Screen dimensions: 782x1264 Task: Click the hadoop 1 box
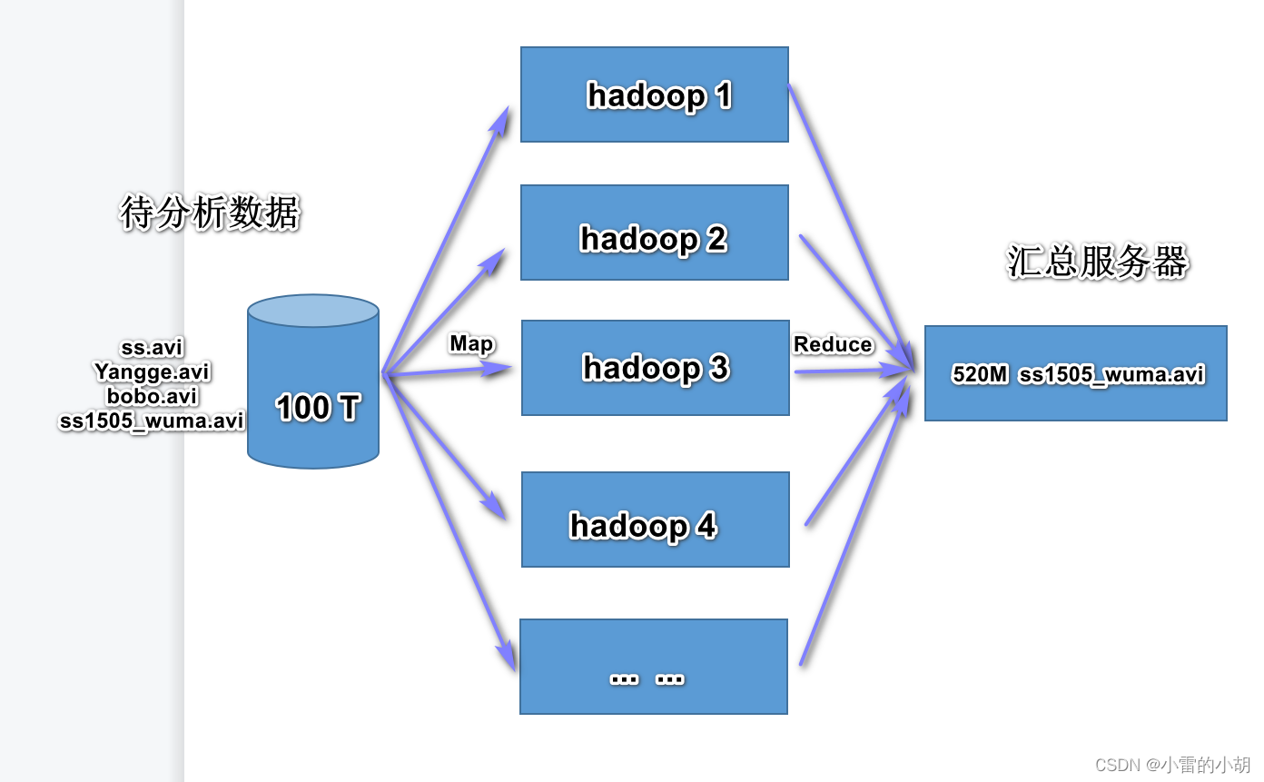[x=654, y=94]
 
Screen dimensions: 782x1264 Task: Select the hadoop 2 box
[x=654, y=233]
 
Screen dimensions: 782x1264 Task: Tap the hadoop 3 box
[x=655, y=368]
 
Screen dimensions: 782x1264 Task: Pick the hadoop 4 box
[x=655, y=520]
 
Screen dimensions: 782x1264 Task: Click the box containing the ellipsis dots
[x=653, y=668]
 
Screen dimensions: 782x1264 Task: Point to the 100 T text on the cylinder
[x=317, y=408]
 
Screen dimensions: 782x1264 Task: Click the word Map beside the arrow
[x=471, y=343]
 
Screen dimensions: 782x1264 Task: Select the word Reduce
[x=833, y=344]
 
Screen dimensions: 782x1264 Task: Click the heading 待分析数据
[x=209, y=213]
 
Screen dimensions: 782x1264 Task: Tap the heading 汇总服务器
[x=1097, y=262]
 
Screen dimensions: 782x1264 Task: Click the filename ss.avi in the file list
[x=152, y=348]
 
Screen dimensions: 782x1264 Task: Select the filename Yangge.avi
[x=152, y=372]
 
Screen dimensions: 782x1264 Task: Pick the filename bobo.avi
[x=152, y=397]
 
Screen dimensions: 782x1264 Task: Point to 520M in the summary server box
[x=980, y=374]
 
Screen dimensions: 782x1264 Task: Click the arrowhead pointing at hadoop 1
[x=500, y=118]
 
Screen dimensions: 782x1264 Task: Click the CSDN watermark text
[x=1172, y=765]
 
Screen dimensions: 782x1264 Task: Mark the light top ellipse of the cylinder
[x=313, y=311]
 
